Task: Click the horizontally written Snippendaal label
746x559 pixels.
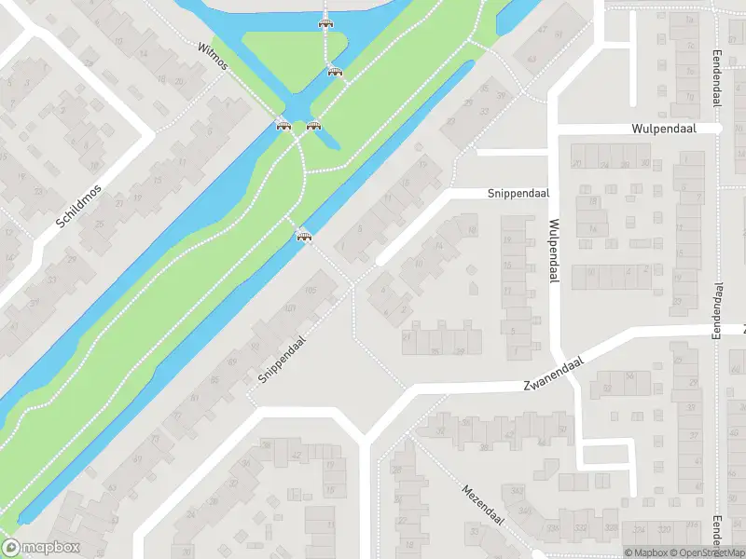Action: pos(518,194)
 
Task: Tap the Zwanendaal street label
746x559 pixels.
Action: pos(553,374)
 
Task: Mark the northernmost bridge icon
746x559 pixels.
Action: pos(325,22)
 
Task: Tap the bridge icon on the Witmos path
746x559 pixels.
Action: pos(283,125)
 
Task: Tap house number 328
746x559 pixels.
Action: pos(554,528)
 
